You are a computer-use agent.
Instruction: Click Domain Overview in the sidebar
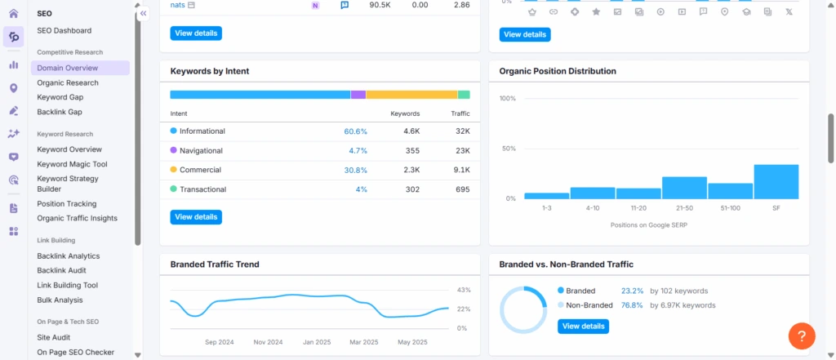tap(68, 68)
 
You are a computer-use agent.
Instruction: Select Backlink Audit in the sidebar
tap(61, 270)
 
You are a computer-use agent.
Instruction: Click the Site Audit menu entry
tap(55, 336)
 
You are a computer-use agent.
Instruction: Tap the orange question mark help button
tap(802, 336)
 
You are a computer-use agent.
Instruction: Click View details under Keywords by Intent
tap(196, 217)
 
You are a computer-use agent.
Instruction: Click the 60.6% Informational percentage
tap(355, 131)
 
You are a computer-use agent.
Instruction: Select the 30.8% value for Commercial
tap(355, 170)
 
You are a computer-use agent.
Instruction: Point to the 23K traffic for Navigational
tap(462, 150)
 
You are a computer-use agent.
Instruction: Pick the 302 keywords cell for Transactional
tap(411, 189)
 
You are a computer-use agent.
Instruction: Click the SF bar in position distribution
tap(776, 182)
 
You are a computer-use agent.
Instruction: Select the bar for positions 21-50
tap(684, 188)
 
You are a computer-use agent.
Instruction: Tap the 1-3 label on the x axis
tap(546, 208)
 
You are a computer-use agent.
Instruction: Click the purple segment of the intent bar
tap(358, 95)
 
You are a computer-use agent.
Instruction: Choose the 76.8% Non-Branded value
tap(632, 305)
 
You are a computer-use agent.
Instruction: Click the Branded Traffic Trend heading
tap(215, 264)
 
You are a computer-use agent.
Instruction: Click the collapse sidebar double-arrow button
tap(144, 14)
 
